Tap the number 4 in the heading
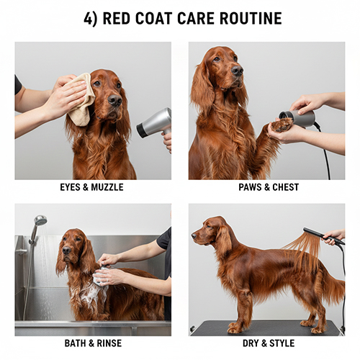point(88,18)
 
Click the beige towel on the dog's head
point(81,99)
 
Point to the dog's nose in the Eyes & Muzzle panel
point(114,100)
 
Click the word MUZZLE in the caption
point(107,187)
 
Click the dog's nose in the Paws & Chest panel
point(238,70)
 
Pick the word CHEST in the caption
point(285,187)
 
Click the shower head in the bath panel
point(40,220)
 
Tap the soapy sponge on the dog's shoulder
point(101,276)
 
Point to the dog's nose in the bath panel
point(66,250)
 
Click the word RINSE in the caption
point(109,343)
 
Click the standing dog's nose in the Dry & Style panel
point(194,236)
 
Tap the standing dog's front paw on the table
point(233,329)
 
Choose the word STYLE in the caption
point(282,343)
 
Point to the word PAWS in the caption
point(248,187)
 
